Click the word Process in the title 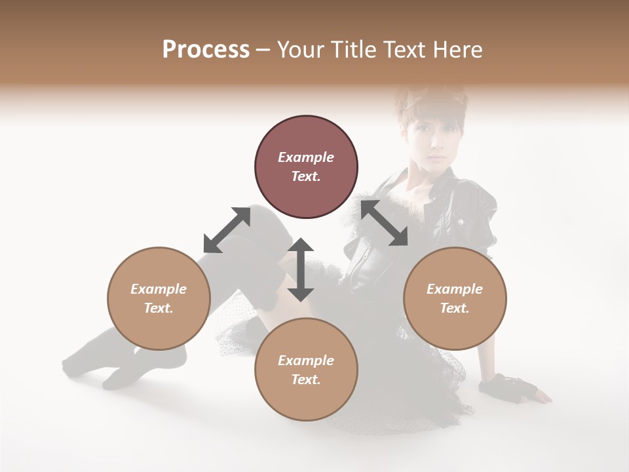point(206,50)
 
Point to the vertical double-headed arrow point(301,269)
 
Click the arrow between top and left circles point(227,229)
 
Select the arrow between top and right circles point(384,223)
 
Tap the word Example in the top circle point(306,157)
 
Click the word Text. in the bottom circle point(306,380)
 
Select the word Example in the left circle point(159,289)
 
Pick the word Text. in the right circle point(455,308)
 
